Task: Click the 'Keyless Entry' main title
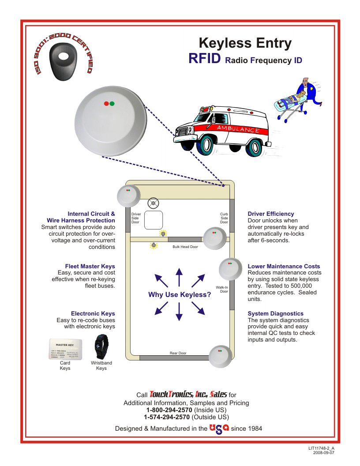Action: coord(245,43)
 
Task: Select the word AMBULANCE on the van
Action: coord(237,129)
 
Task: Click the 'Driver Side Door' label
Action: coord(136,218)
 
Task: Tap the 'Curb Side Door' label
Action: coord(224,218)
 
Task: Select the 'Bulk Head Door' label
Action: coord(185,247)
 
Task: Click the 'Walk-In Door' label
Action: coord(222,289)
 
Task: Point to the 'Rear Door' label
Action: coord(178,353)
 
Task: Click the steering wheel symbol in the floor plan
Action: coord(154,203)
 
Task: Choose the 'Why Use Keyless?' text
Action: coord(180,295)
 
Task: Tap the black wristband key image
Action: coord(101,347)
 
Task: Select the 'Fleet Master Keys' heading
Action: coord(90,266)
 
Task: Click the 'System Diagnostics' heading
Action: coord(276,313)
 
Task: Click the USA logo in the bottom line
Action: coord(219,428)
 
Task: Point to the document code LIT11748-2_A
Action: coord(324,448)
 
